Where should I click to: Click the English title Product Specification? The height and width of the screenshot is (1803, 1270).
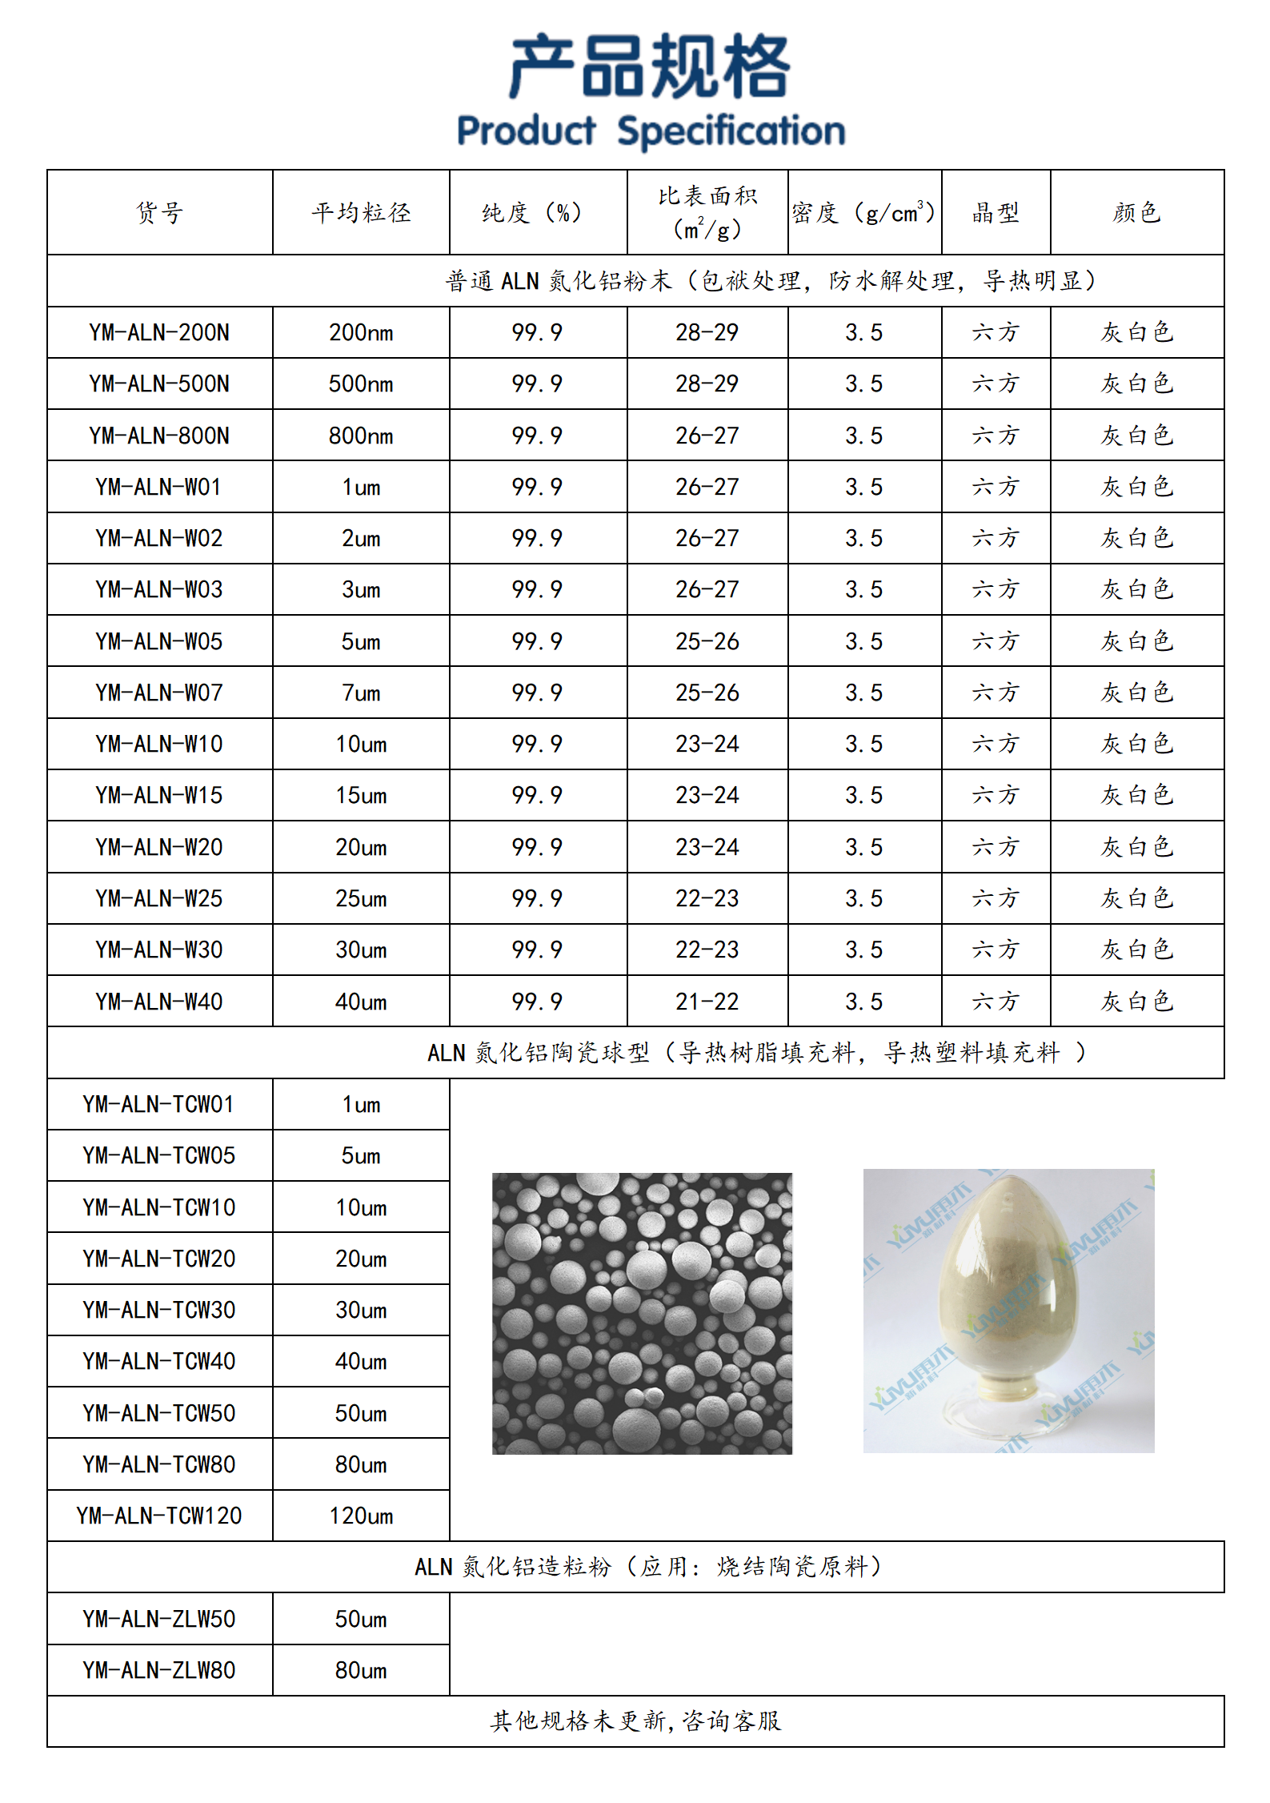tap(651, 131)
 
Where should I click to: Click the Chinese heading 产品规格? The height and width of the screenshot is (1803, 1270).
tap(651, 67)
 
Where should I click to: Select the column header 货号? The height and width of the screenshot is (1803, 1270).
tap(159, 212)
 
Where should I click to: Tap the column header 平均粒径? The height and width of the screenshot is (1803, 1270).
tap(361, 212)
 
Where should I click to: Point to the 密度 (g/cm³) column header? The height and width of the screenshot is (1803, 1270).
tap(863, 212)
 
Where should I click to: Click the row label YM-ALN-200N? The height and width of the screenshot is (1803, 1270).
tap(159, 332)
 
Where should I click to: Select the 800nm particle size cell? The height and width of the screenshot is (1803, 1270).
tap(361, 436)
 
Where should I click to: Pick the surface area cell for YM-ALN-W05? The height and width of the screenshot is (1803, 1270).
tap(707, 641)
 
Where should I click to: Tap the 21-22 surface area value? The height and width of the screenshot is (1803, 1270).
tap(707, 1002)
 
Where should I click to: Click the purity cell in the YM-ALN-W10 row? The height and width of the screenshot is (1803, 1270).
tap(537, 744)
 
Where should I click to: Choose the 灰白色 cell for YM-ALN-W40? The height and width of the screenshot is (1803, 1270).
tap(1136, 1002)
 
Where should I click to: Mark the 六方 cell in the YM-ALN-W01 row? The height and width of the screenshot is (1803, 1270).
tap(995, 487)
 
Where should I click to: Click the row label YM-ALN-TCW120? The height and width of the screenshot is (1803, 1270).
tap(159, 1516)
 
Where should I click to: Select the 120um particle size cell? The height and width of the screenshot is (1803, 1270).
tap(361, 1516)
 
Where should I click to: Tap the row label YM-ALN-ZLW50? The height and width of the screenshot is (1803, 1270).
tap(159, 1619)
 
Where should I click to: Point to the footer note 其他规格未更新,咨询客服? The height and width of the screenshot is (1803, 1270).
tap(635, 1721)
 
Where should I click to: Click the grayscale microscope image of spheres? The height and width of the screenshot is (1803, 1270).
tap(642, 1314)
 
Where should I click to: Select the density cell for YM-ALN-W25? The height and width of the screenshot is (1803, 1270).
tap(863, 898)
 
